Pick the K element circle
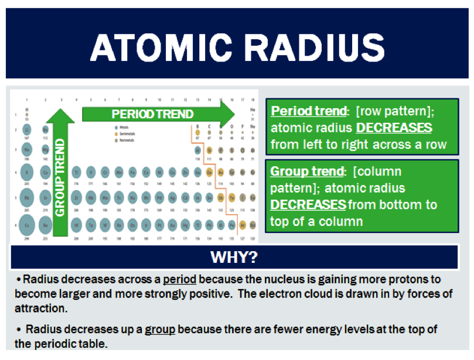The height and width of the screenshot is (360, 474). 27,172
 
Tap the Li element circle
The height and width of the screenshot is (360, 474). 27,129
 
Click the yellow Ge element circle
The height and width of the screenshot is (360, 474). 209,172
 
